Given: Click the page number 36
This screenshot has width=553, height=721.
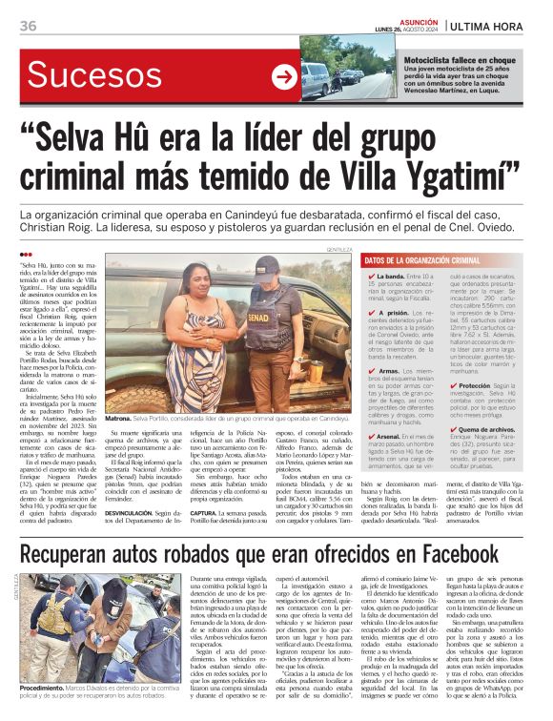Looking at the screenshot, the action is click(x=28, y=25).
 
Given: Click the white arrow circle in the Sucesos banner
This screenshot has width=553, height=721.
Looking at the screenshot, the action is click(x=284, y=78).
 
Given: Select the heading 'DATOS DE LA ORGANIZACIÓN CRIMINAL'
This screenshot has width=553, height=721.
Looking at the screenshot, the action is click(x=420, y=259).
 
